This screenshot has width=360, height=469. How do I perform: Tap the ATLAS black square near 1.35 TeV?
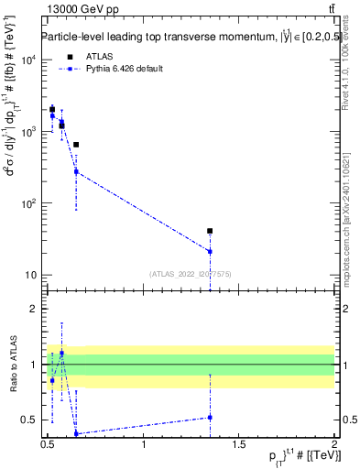(210, 231)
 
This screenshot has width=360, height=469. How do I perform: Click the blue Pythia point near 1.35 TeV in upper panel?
(210, 251)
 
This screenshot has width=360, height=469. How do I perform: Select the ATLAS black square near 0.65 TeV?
(76, 145)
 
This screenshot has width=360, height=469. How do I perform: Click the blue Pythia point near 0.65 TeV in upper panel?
(76, 171)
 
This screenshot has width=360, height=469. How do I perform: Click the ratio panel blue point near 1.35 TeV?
(210, 417)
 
